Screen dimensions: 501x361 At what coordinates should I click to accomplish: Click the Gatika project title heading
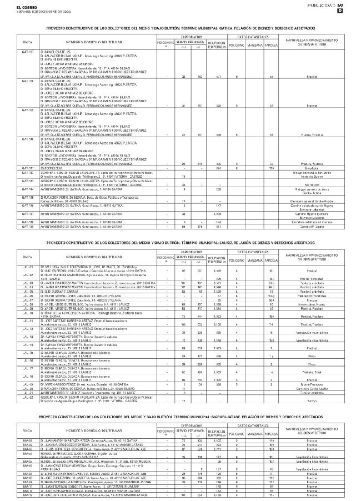[x=180, y=27]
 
